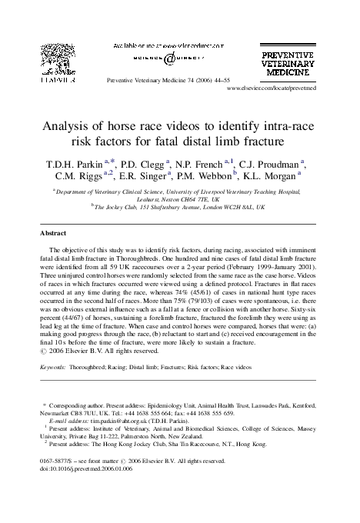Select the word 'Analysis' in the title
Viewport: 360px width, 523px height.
pos(73,128)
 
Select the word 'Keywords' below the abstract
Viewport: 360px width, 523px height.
pos(55,368)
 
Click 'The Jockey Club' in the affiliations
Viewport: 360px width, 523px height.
pos(118,207)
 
